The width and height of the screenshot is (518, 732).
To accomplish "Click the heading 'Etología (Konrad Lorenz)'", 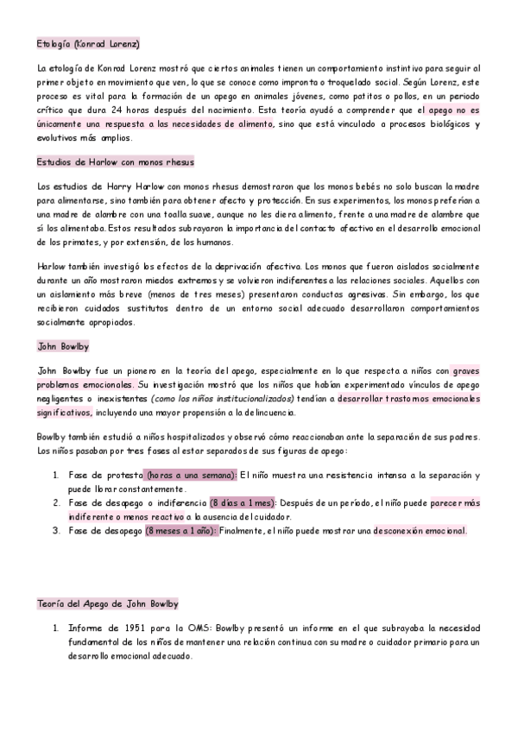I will click(x=88, y=43).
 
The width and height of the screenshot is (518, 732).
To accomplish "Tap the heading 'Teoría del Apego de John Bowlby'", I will click(x=108, y=603).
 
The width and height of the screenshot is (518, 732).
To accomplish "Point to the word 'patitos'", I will click(x=363, y=98).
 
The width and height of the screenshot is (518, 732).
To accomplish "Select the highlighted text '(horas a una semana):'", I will click(x=190, y=476).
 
